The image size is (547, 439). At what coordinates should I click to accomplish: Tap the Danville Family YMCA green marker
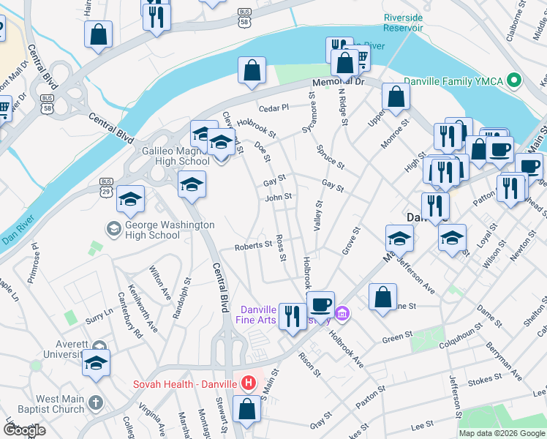point(514,80)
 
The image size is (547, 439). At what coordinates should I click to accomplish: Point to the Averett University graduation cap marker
point(97,363)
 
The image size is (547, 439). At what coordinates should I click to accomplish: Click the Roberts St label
point(253,247)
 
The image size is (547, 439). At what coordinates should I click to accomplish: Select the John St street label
point(278,197)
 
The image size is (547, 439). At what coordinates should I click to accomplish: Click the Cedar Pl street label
point(274,108)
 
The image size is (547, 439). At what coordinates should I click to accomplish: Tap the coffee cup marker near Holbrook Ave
point(320,304)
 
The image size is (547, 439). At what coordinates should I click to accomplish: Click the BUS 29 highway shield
point(107,190)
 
